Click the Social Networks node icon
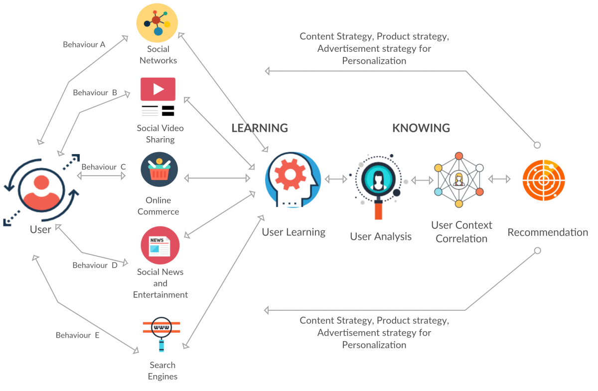pyautogui.click(x=157, y=23)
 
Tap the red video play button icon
pyautogui.click(x=158, y=89)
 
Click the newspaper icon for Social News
pyautogui.click(x=160, y=245)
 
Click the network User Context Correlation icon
pyautogui.click(x=459, y=180)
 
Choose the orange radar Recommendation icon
pyautogui.click(x=543, y=180)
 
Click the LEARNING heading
pyautogui.click(x=260, y=128)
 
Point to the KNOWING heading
pyautogui.click(x=421, y=128)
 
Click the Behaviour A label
pyautogui.click(x=84, y=44)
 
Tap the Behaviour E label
pyautogui.click(x=77, y=335)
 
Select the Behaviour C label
pyautogui.click(x=104, y=167)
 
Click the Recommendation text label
pyautogui.click(x=548, y=232)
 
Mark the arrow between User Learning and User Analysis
pyautogui.click(x=336, y=179)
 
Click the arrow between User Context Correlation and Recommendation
pyautogui.click(x=499, y=179)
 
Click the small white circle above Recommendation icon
pyautogui.click(x=537, y=145)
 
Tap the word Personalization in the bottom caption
pyautogui.click(x=374, y=345)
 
